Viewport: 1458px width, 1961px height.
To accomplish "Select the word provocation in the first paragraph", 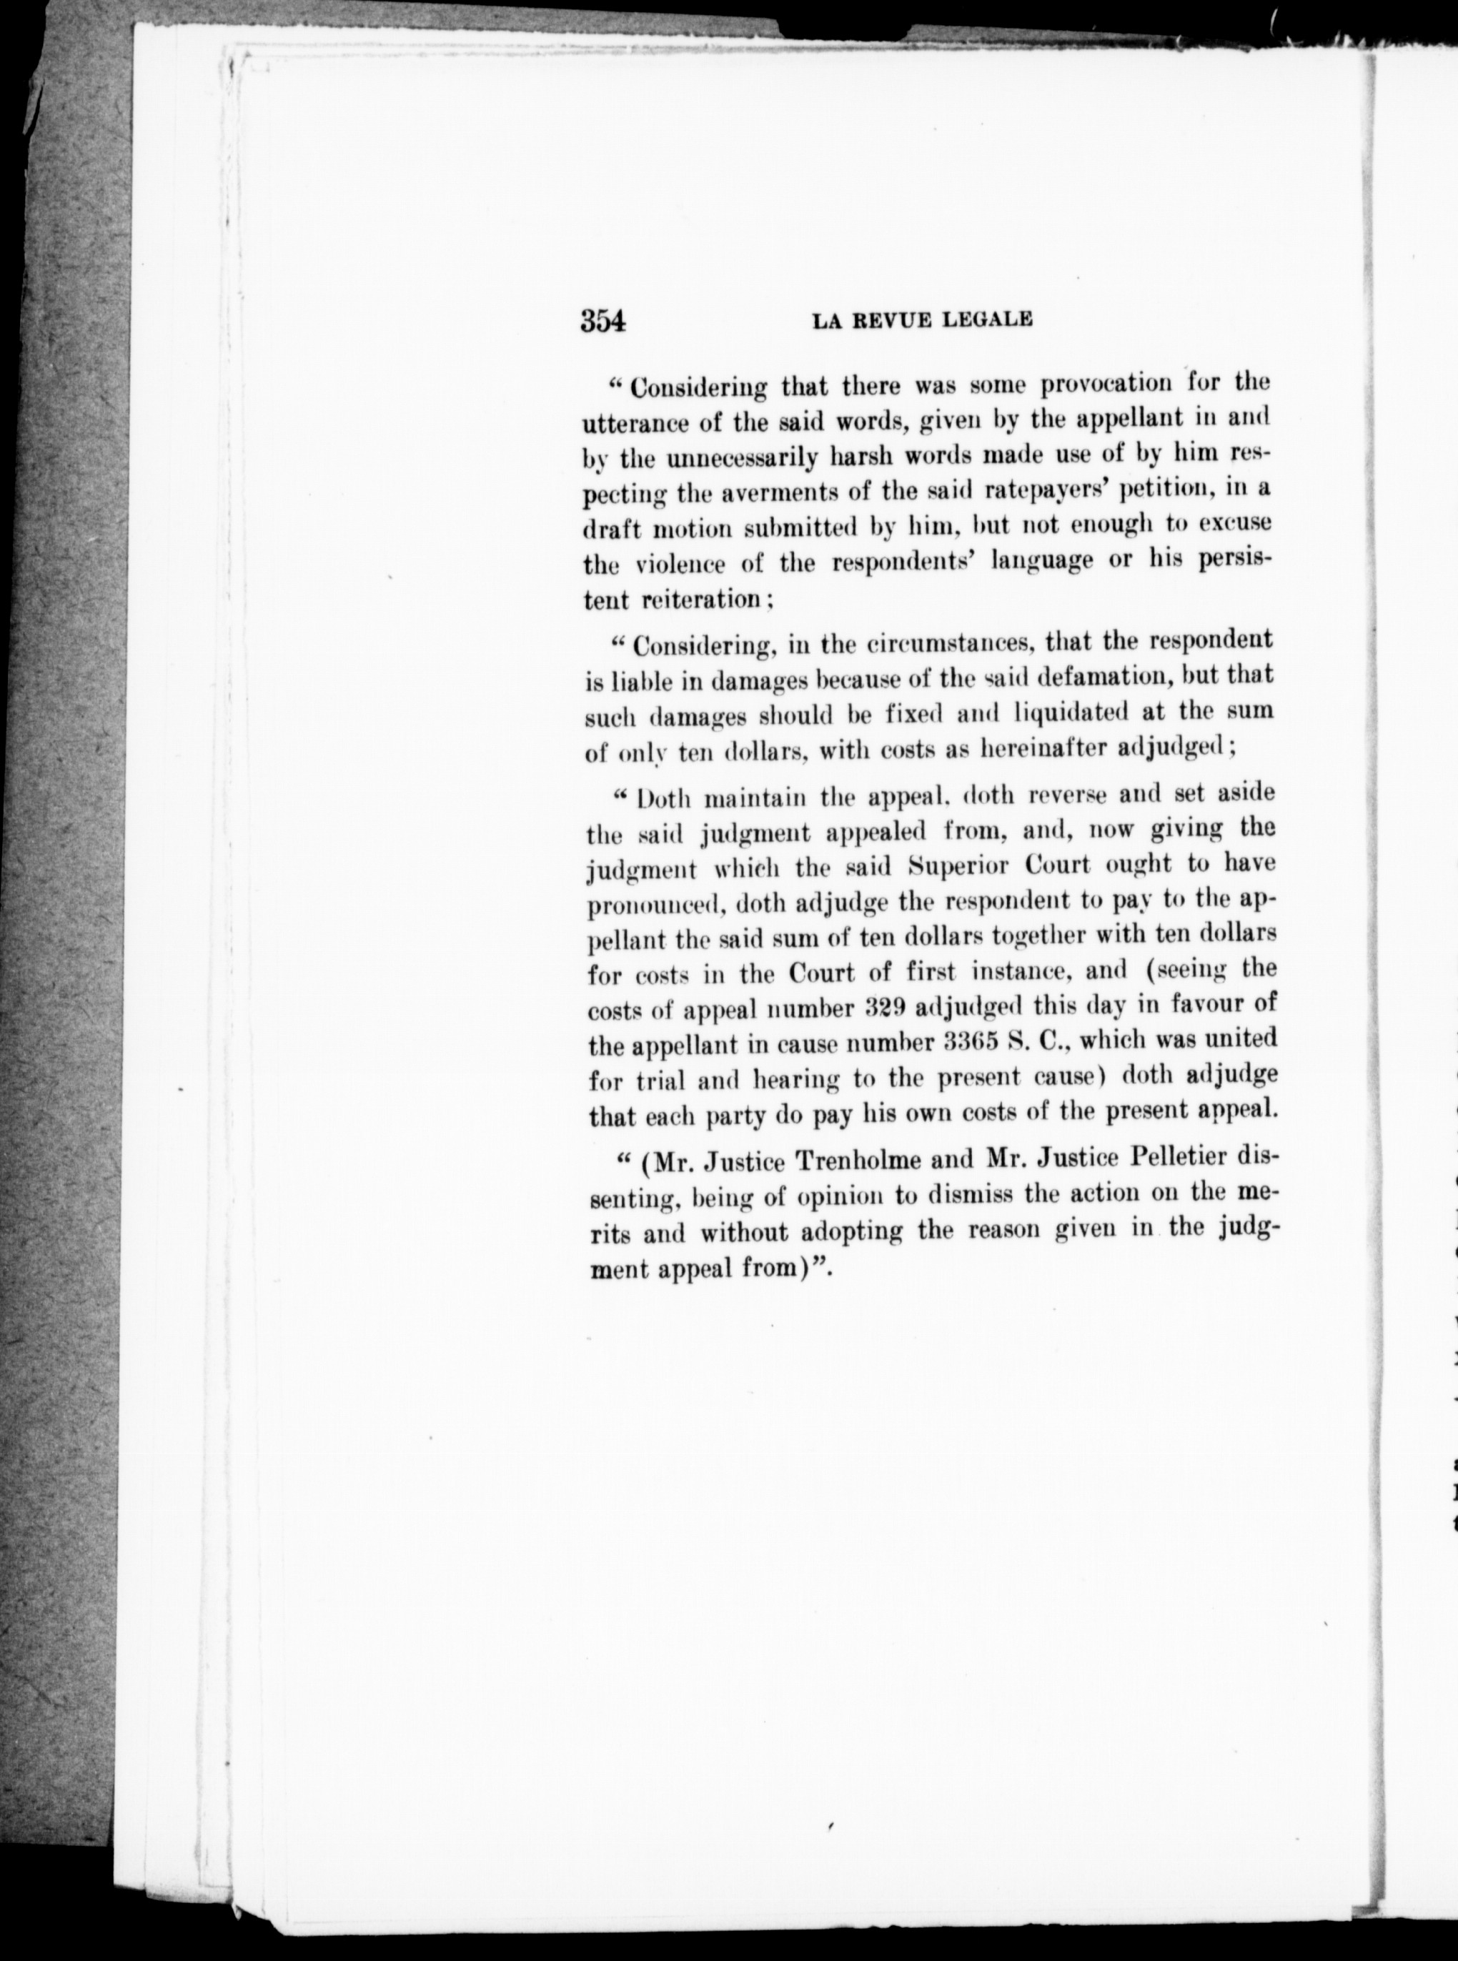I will click(1108, 384).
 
